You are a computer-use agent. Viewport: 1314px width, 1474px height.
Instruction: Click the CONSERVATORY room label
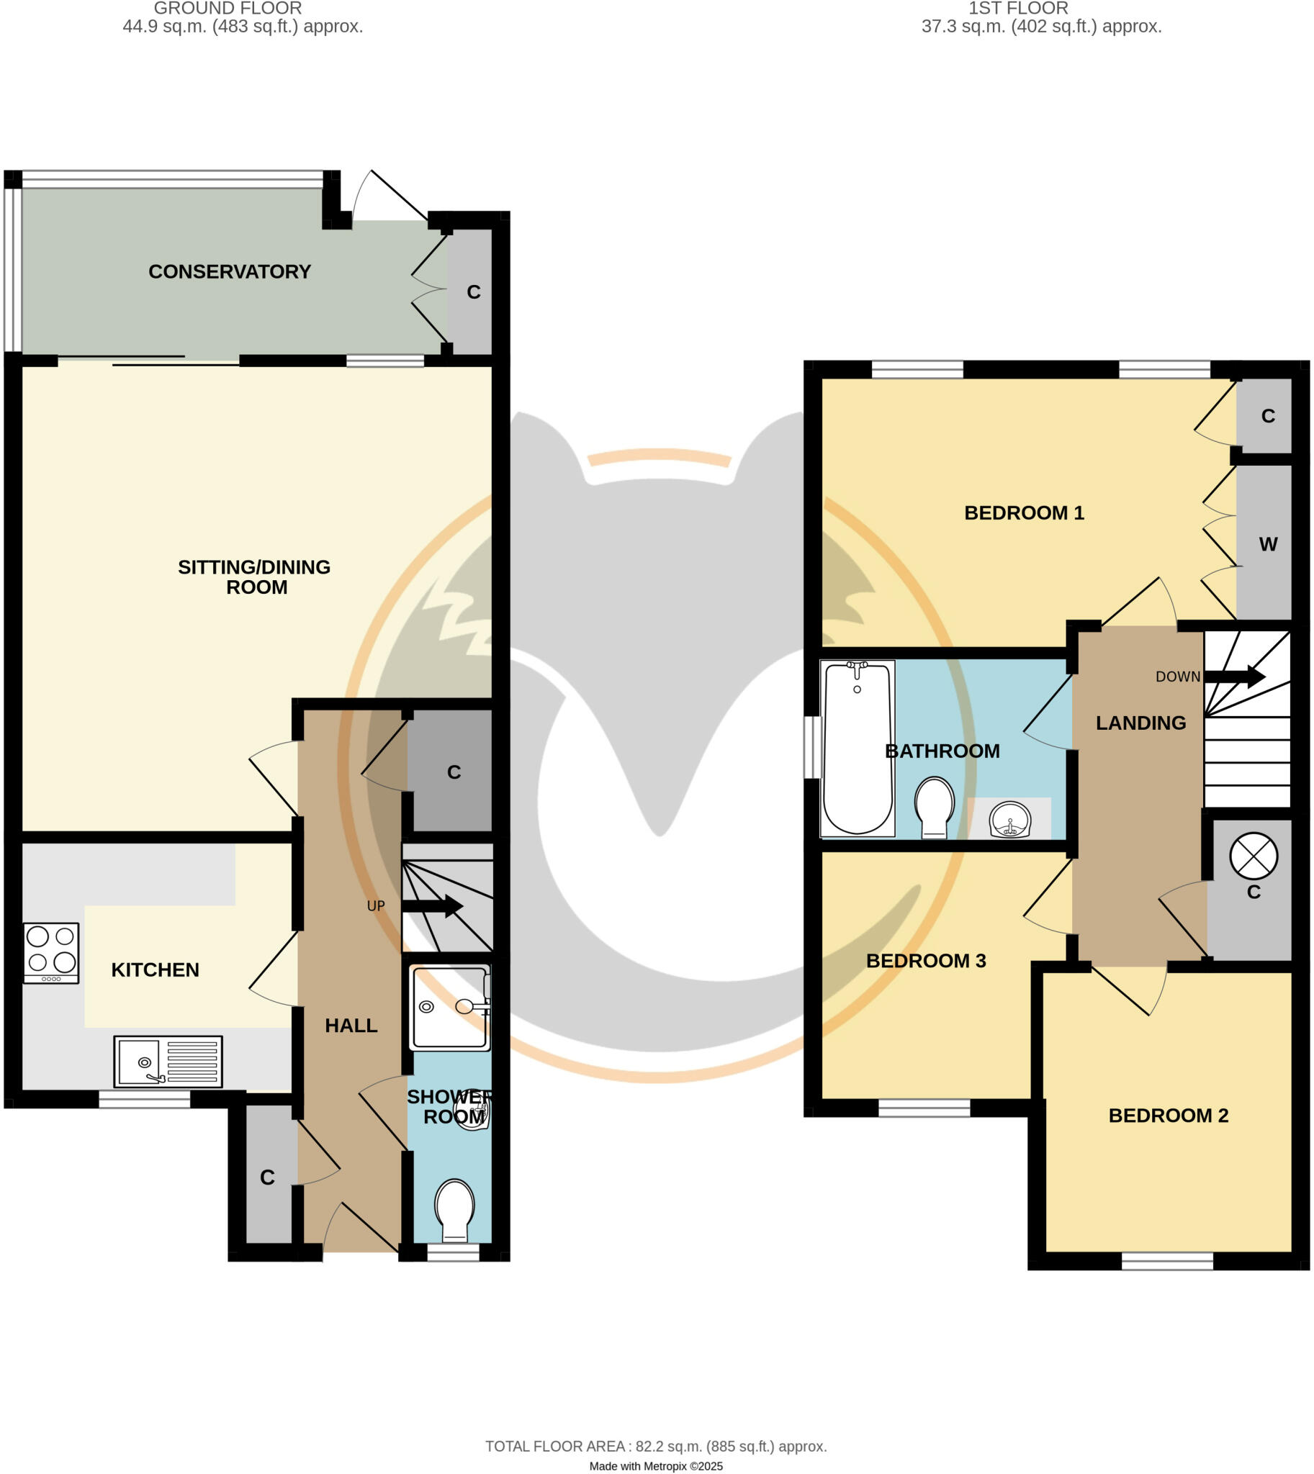230,271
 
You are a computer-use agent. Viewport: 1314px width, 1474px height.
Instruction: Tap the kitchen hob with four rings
50,952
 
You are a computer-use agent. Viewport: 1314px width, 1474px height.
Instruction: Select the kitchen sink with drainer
168,1061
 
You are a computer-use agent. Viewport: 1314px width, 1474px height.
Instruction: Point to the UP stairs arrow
432,906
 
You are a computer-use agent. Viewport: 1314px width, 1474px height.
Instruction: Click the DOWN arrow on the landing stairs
1234,677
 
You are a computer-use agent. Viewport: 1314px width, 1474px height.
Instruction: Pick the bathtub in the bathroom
858,748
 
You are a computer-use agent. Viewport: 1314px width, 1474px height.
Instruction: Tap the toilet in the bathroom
935,806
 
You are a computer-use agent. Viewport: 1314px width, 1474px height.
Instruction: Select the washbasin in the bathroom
1010,820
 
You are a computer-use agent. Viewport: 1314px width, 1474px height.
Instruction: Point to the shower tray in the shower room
449,1008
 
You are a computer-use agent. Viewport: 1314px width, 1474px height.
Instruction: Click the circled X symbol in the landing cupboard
1254,856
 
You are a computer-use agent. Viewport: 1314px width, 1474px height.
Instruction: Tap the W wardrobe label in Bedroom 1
1268,544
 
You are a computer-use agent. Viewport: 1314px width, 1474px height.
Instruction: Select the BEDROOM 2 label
1168,1116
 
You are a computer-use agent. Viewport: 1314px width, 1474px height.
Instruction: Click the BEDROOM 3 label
926,961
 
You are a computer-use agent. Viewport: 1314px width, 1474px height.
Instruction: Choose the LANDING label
1140,723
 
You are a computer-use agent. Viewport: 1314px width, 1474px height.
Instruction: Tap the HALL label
351,1025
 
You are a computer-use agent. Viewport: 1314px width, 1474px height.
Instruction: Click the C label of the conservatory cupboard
474,291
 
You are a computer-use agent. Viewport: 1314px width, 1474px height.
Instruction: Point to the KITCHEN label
156,969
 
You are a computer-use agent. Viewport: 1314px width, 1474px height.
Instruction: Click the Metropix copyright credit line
655,1466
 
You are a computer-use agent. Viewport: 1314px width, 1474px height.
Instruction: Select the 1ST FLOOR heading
1018,9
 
